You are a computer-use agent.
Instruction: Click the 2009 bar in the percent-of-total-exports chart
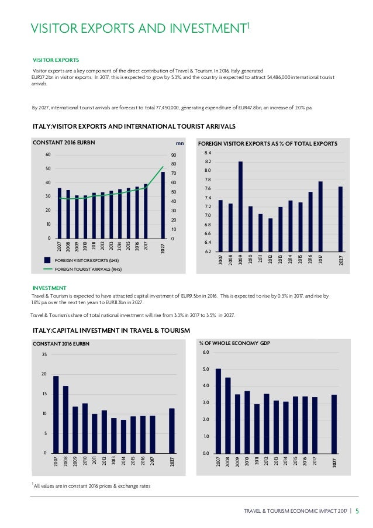point(240,206)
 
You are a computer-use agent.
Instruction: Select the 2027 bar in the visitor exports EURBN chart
point(163,205)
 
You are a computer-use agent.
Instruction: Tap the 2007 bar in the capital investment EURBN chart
point(56,415)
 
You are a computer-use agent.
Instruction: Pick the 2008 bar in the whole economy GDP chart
point(228,416)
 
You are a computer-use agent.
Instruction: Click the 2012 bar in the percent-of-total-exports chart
point(270,235)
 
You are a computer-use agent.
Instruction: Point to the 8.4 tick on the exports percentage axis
point(208,153)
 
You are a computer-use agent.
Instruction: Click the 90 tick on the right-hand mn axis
point(174,155)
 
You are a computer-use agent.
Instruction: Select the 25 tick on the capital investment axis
point(44,354)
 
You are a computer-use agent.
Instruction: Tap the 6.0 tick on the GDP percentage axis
point(206,352)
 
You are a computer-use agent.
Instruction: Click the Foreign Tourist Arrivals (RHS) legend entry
point(83,270)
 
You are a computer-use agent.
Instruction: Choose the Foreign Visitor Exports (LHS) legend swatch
point(47,260)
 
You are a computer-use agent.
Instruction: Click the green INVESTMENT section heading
point(50,288)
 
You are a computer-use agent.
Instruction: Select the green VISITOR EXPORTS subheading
point(56,60)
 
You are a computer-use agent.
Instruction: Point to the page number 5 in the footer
point(357,511)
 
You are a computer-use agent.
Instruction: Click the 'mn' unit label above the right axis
point(179,143)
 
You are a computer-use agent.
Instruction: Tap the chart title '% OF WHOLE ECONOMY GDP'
point(234,343)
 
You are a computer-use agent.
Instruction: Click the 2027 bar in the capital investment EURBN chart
point(172,431)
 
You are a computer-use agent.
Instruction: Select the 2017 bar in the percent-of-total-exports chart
point(320,216)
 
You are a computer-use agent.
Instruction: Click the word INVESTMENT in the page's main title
point(208,28)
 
